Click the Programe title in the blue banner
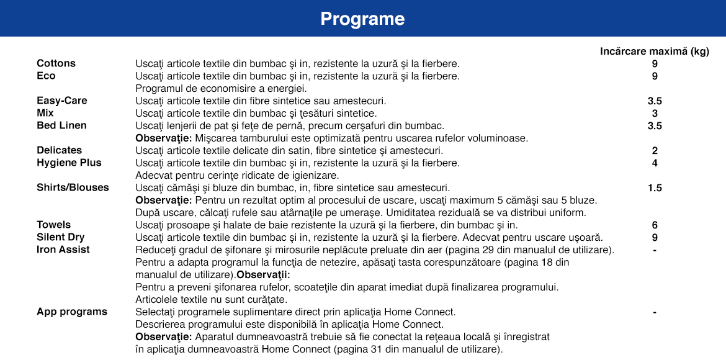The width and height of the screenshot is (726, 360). [x=362, y=19]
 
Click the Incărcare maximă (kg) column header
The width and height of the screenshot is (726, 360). [x=654, y=52]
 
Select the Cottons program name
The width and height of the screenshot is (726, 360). [x=56, y=63]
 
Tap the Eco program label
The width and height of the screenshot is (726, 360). [x=46, y=76]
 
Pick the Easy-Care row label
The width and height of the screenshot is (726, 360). [x=62, y=101]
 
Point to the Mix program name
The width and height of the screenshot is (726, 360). [x=45, y=113]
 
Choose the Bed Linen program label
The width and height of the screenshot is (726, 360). [x=61, y=125]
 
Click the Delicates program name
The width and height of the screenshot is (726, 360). [x=59, y=150]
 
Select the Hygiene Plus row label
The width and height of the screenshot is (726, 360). [x=69, y=163]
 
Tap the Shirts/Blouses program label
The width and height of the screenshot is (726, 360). [x=73, y=187]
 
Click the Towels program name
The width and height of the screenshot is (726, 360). [x=54, y=225]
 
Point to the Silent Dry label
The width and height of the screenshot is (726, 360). [x=61, y=237]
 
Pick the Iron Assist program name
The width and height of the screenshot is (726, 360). [x=63, y=250]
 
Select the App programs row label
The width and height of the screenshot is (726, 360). [x=72, y=312]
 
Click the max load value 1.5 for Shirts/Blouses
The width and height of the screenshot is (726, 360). [x=655, y=188]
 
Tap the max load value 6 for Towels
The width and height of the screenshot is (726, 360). [x=655, y=225]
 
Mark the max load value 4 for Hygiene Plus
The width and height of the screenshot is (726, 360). [x=655, y=163]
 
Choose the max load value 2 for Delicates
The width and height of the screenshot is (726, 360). [x=655, y=151]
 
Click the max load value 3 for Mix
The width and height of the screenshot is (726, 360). [x=655, y=114]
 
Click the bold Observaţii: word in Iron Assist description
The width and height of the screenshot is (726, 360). [x=263, y=274]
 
